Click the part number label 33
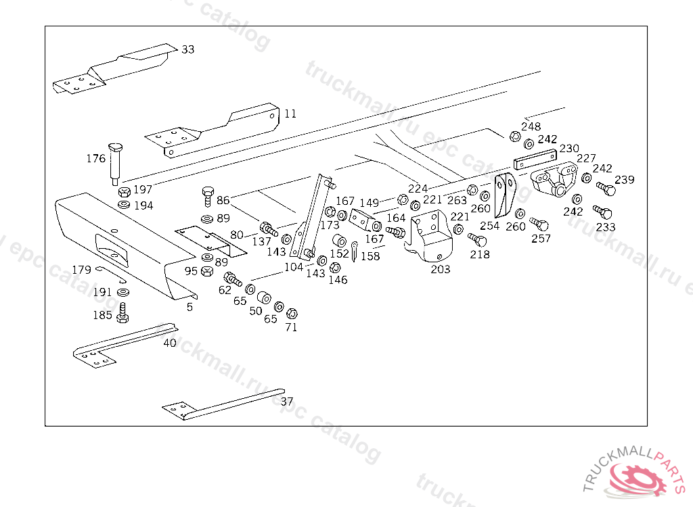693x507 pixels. pos(187,49)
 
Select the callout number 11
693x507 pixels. pos(290,114)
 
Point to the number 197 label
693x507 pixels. pos(142,190)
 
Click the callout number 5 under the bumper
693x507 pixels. pos(189,307)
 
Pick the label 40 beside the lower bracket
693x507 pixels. pos(169,343)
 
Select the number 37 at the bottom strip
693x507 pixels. pos(287,401)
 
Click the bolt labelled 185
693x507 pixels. pos(123,312)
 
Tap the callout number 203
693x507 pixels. pos(440,269)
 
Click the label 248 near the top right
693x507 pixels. pos(531,126)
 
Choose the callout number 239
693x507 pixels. pos(625,180)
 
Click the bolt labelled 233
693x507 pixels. pos(602,212)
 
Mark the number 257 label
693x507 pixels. pos(541,238)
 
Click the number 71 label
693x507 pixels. pos(291,327)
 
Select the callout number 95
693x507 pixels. pos(192,271)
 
